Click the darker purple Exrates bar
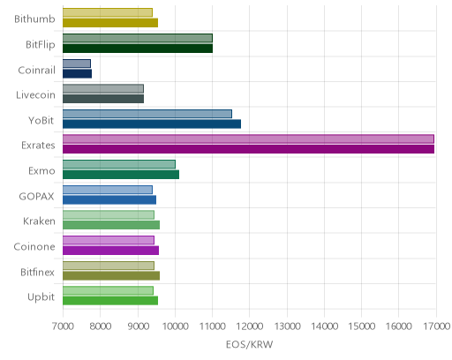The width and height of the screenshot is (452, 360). tap(248, 149)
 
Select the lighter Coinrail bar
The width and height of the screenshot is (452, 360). tap(77, 64)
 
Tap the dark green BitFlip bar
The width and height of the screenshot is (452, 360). tap(138, 49)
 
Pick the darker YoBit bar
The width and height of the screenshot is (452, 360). tap(152, 124)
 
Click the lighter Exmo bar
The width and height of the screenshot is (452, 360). tap(119, 164)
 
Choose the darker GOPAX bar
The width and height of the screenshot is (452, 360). tap(109, 200)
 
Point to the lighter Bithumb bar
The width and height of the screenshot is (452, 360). tap(108, 12)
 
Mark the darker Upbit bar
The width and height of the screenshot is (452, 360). tap(110, 301)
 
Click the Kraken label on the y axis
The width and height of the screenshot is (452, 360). tap(39, 221)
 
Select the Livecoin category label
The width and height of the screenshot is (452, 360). tap(35, 95)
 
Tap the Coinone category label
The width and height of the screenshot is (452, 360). tap(34, 246)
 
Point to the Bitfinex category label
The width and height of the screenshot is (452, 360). tap(37, 272)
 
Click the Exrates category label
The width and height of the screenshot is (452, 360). tap(38, 146)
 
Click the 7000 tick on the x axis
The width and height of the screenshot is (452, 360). tap(63, 326)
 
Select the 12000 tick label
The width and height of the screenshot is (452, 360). tap(250, 326)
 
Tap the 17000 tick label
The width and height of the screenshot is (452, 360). tap(437, 326)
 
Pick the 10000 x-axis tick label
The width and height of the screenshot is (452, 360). tap(175, 326)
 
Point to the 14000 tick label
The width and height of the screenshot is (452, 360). tap(325, 326)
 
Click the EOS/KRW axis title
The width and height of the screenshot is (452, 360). tap(250, 344)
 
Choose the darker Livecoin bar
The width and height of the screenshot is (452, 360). tap(103, 99)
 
